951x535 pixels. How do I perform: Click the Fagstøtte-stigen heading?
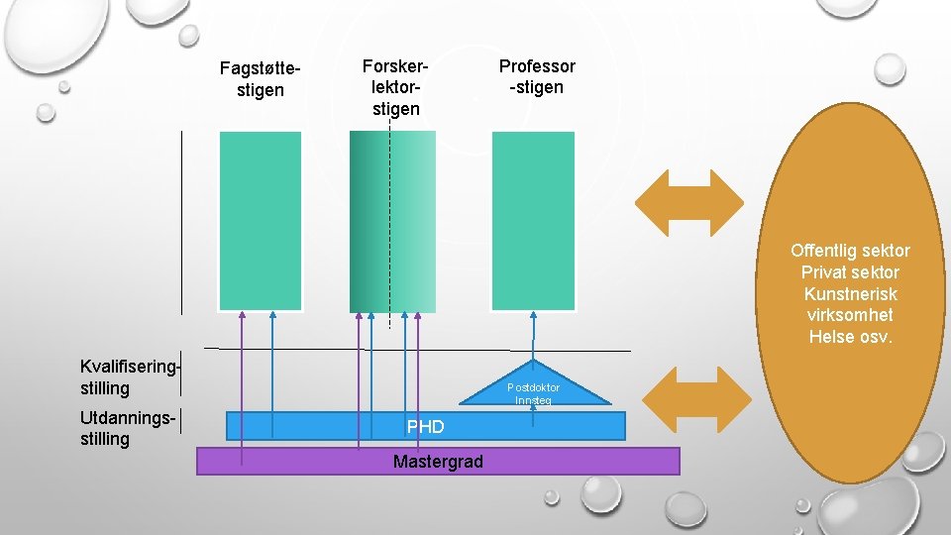[x=261, y=79]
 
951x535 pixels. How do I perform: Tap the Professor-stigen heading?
[x=537, y=76]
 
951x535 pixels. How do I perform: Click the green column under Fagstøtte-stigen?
[x=261, y=221]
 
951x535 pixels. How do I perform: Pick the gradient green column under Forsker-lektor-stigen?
[x=392, y=221]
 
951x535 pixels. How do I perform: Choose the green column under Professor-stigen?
[x=533, y=221]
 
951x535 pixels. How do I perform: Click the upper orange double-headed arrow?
[x=688, y=197]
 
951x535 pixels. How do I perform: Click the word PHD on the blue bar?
[x=425, y=427]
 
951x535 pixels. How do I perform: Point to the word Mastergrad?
[x=438, y=462]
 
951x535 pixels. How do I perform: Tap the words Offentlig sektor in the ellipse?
[x=850, y=251]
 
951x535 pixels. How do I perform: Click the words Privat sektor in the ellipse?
[x=850, y=272]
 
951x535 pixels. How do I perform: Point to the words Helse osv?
[x=850, y=337]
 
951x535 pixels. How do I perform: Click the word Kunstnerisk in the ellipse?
[x=850, y=294]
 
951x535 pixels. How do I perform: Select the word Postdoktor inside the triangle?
[x=534, y=387]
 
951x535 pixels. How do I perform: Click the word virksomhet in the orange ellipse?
[x=850, y=315]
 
